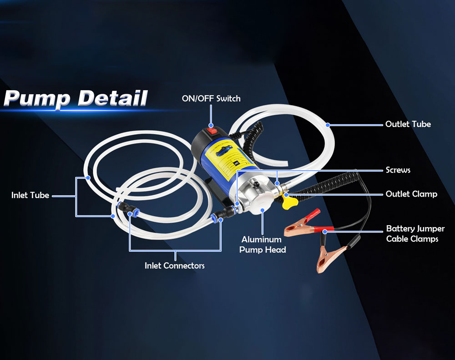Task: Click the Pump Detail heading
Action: (x=76, y=98)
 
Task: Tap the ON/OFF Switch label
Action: (x=211, y=98)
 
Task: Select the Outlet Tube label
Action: (x=408, y=124)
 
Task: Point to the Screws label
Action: (x=398, y=170)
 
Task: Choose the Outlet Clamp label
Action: (x=411, y=194)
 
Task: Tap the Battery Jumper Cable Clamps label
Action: (x=415, y=233)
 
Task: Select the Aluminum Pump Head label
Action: (x=263, y=244)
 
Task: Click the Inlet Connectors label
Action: (x=174, y=265)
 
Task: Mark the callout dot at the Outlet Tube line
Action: (x=327, y=124)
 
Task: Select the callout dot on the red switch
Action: (x=211, y=125)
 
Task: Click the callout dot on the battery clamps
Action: (x=324, y=231)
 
